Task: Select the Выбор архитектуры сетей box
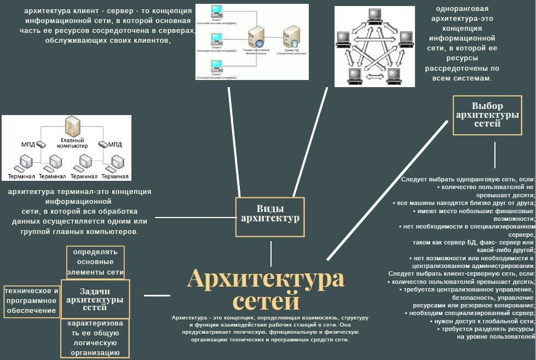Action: point(487,115)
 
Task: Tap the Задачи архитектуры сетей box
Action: point(95,299)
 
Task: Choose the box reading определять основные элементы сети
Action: point(95,262)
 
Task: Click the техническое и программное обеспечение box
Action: point(31,301)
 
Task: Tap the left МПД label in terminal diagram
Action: point(28,145)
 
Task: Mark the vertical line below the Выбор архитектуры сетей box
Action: point(495,155)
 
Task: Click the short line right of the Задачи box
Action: point(157,296)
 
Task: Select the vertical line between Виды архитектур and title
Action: point(270,254)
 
